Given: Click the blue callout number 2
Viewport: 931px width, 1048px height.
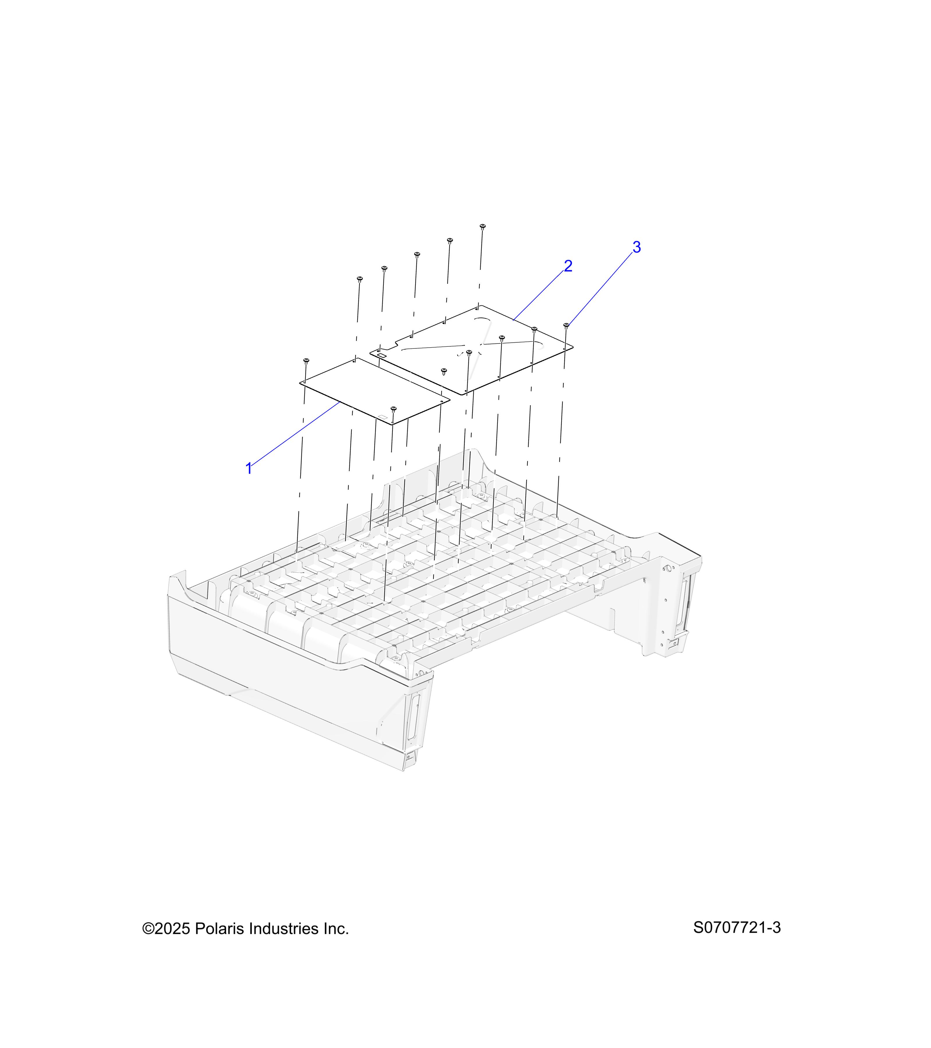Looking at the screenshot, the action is (568, 266).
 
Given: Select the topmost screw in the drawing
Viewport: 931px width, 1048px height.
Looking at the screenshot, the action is (482, 226).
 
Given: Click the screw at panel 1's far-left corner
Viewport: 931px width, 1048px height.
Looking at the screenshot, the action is (306, 361).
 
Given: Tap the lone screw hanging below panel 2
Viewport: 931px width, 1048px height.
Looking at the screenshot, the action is (444, 371).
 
